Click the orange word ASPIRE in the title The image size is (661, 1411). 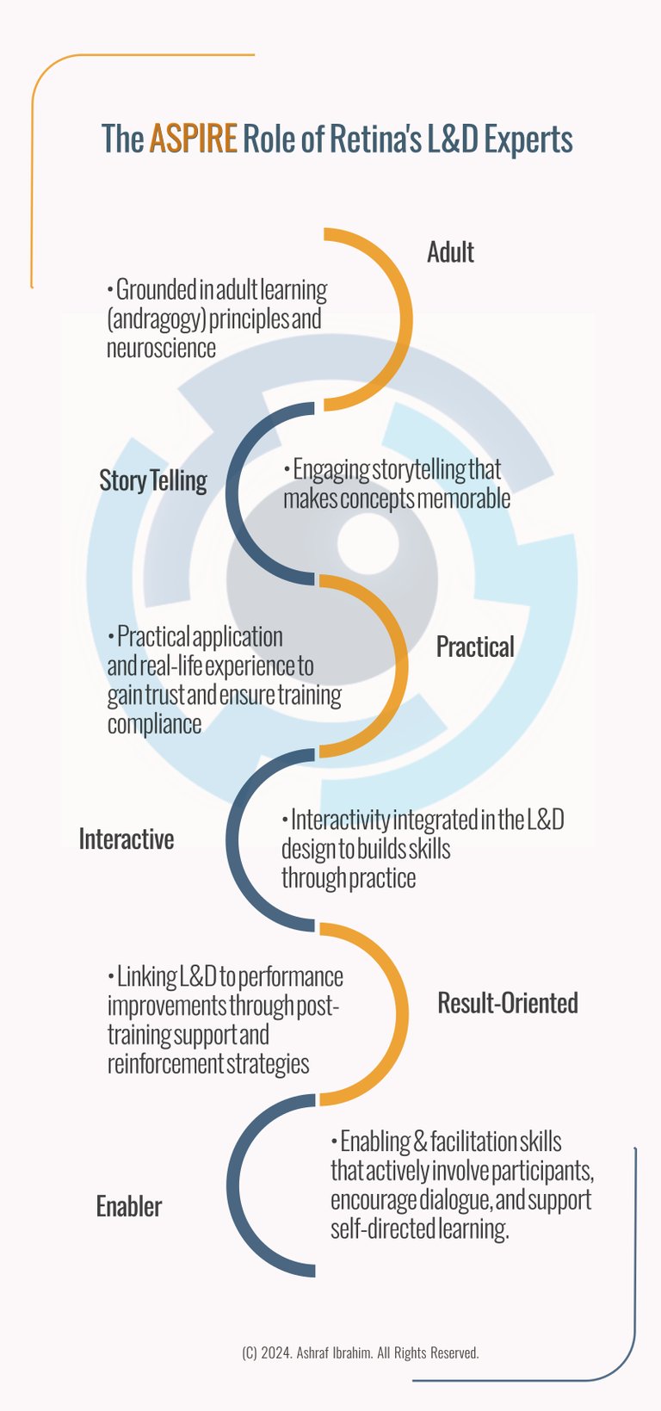pyautogui.click(x=193, y=139)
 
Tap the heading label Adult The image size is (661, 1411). pyautogui.click(x=450, y=252)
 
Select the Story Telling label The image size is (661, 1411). pyautogui.click(x=153, y=480)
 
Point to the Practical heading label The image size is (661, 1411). pyautogui.click(x=475, y=647)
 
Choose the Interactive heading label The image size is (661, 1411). pyautogui.click(x=127, y=839)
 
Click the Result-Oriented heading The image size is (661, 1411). pyautogui.click(x=507, y=1003)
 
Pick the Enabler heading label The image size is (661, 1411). pyautogui.click(x=129, y=1207)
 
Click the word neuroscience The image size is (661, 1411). pyautogui.click(x=161, y=348)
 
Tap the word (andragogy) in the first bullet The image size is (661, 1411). pyautogui.click(x=156, y=319)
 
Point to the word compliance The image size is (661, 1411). pyautogui.click(x=155, y=724)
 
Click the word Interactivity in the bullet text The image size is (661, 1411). pyautogui.click(x=340, y=820)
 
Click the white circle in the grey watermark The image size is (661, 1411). pyautogui.click(x=366, y=542)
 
